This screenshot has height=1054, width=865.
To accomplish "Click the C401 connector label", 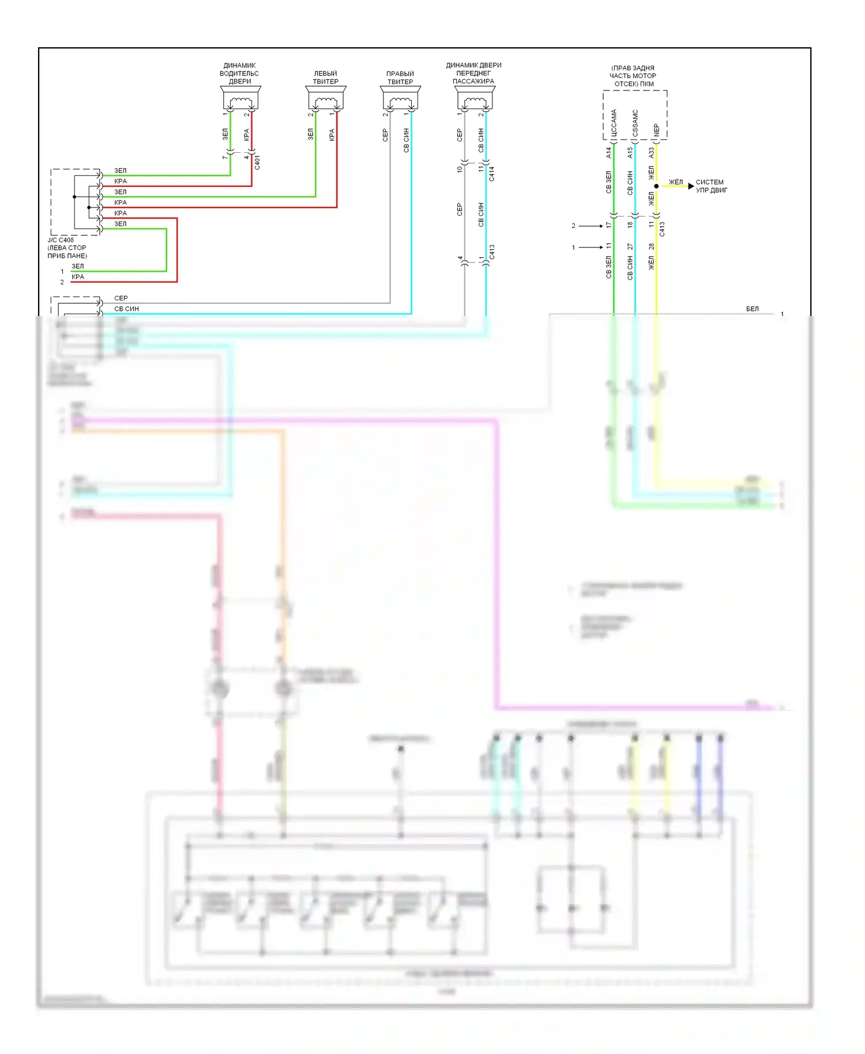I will pyautogui.click(x=257, y=162).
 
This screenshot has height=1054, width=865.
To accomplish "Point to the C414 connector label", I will pyautogui.click(x=491, y=174).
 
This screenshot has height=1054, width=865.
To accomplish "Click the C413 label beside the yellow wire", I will pyautogui.click(x=662, y=229).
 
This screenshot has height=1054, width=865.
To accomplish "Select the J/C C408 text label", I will pyautogui.click(x=61, y=240).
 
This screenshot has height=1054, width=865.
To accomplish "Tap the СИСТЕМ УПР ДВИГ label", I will pyautogui.click(x=711, y=186).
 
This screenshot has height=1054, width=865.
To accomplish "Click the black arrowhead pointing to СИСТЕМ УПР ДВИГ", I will pyautogui.click(x=691, y=186).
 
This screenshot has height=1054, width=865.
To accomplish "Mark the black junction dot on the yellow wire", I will pyautogui.click(x=656, y=186).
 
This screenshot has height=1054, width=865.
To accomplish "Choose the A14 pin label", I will pyautogui.click(x=608, y=153).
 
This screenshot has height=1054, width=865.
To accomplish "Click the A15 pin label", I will pyautogui.click(x=630, y=153).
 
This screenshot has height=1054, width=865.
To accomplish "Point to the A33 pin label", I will pyautogui.click(x=651, y=153).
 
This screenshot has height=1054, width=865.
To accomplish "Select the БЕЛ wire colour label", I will pyautogui.click(x=752, y=309).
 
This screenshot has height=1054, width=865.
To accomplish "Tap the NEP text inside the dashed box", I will pyautogui.click(x=656, y=130).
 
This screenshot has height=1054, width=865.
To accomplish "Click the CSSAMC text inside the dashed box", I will pyautogui.click(x=635, y=124).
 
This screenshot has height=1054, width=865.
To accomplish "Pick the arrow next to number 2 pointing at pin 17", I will pyautogui.click(x=591, y=226).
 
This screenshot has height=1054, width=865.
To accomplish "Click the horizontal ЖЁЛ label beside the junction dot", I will pyautogui.click(x=675, y=182).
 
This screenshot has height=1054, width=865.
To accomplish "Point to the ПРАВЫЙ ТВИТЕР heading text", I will pyautogui.click(x=400, y=78).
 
